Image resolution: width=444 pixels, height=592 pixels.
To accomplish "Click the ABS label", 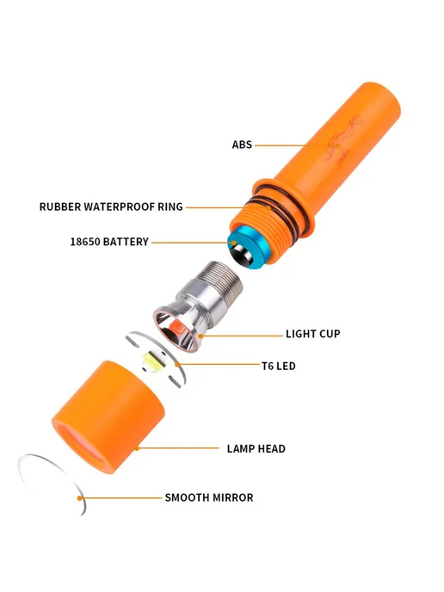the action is [x=242, y=145].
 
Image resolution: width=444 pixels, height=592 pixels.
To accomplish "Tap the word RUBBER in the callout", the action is [x=59, y=207].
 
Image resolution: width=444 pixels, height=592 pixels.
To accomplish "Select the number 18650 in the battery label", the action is [x=84, y=242].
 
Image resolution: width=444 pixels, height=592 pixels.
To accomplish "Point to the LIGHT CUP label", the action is [x=313, y=334].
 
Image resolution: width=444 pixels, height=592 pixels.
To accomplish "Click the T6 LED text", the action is [x=279, y=366].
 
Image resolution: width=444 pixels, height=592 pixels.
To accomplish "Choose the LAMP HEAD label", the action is [x=256, y=448].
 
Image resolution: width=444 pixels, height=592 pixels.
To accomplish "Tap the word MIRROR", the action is [x=232, y=497].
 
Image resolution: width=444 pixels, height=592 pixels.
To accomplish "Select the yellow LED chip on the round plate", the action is [x=152, y=361].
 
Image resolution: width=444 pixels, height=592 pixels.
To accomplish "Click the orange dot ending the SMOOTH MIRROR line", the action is [x=80, y=498].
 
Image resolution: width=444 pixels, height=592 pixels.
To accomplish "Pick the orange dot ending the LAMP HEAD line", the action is [x=137, y=448].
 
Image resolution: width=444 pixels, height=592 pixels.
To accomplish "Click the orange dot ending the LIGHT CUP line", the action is [x=200, y=336].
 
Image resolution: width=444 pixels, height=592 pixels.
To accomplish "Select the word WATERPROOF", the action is [x=119, y=207].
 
